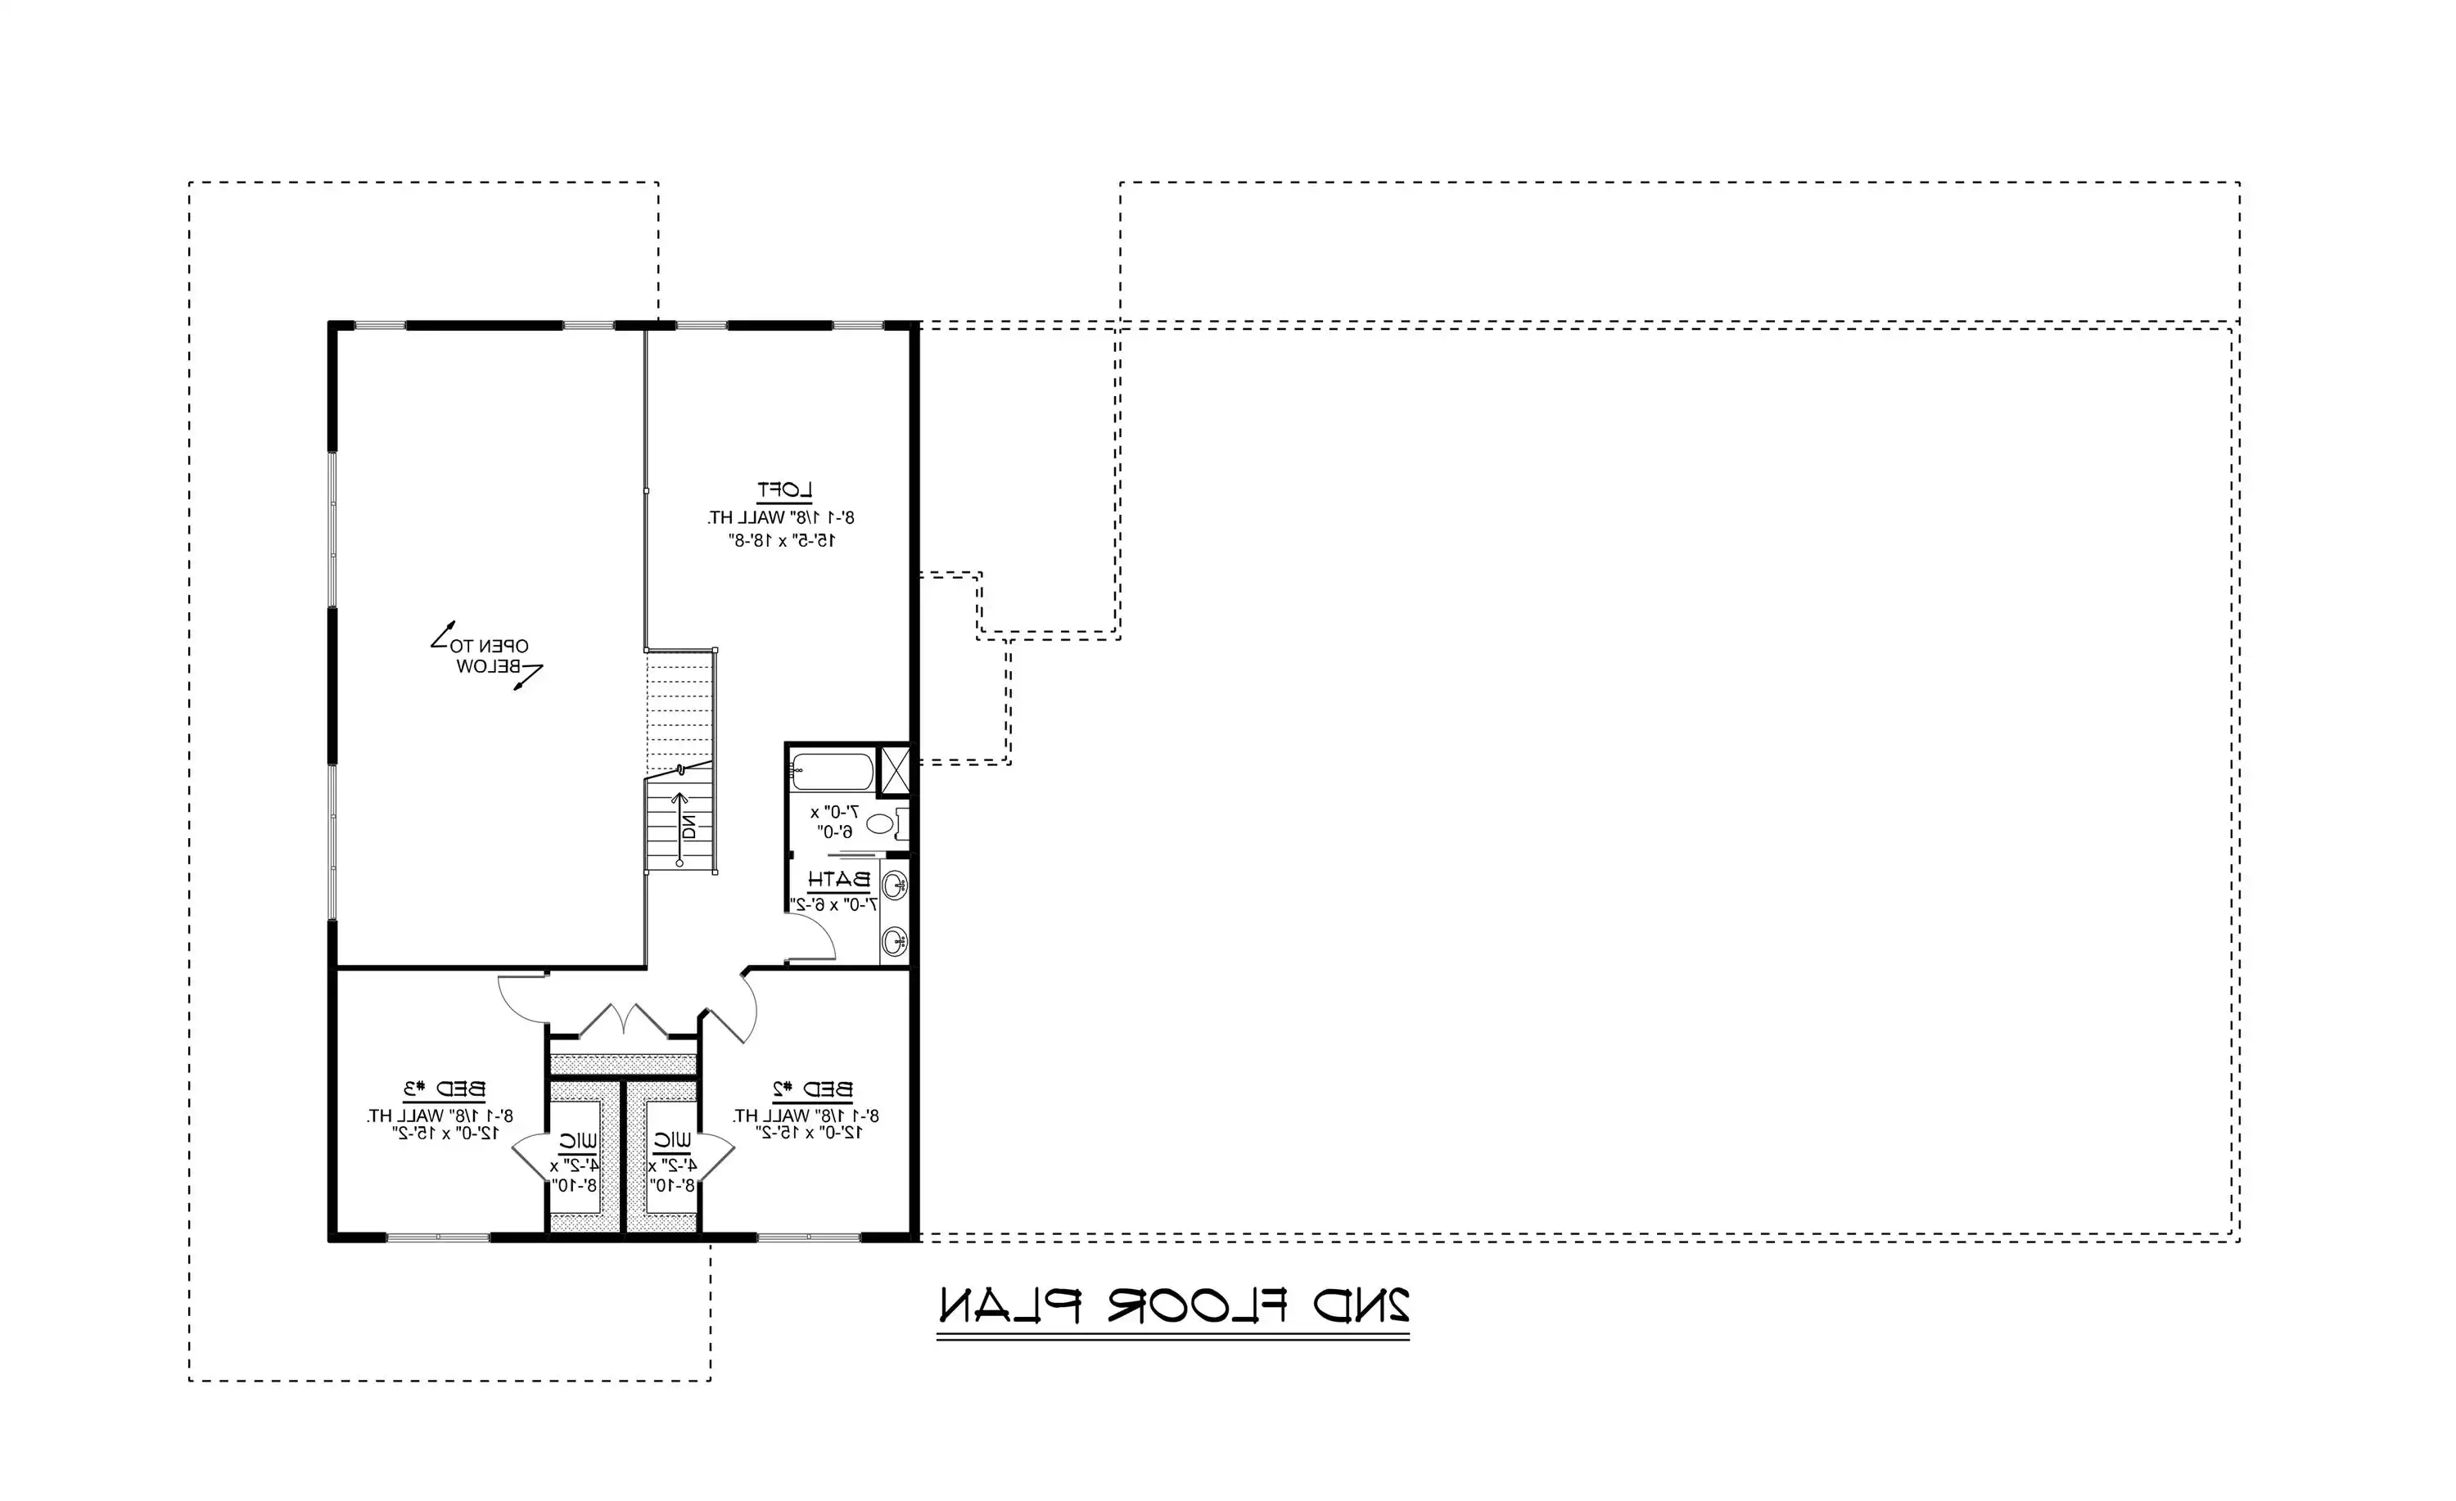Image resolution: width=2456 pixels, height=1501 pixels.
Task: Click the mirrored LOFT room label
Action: click(x=784, y=489)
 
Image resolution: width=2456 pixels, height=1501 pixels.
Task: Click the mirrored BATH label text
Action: click(x=839, y=880)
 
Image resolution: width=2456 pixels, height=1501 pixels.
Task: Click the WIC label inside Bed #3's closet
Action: click(x=578, y=1140)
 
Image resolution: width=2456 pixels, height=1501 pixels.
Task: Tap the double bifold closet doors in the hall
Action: click(x=623, y=1021)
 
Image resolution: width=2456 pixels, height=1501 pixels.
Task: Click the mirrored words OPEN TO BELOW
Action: click(x=491, y=656)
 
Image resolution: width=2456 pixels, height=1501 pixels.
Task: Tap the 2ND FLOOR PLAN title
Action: click(x=1174, y=1305)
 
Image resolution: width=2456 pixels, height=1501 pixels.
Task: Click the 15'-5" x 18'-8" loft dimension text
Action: click(x=782, y=540)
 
